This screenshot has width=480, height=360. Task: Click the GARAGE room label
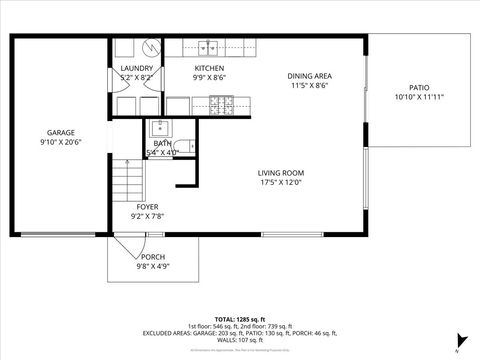click(60, 133)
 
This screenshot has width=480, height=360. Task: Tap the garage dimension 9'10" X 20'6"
click(60, 143)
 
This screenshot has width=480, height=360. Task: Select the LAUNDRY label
click(136, 68)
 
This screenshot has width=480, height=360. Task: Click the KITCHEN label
click(209, 68)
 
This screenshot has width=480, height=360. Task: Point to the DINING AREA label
click(309, 76)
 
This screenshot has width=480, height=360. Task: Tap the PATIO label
click(419, 87)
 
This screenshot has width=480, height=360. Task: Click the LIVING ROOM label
click(280, 173)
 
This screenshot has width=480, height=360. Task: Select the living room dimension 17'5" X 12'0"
click(280, 183)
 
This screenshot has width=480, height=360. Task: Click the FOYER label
click(147, 207)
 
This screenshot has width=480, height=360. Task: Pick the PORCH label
click(153, 257)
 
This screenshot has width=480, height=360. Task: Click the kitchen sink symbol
click(209, 45)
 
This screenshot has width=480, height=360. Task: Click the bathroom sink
click(160, 127)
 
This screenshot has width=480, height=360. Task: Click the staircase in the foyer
click(127, 181)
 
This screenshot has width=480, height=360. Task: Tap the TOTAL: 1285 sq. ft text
click(239, 318)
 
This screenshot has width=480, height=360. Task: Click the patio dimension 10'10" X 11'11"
click(419, 97)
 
